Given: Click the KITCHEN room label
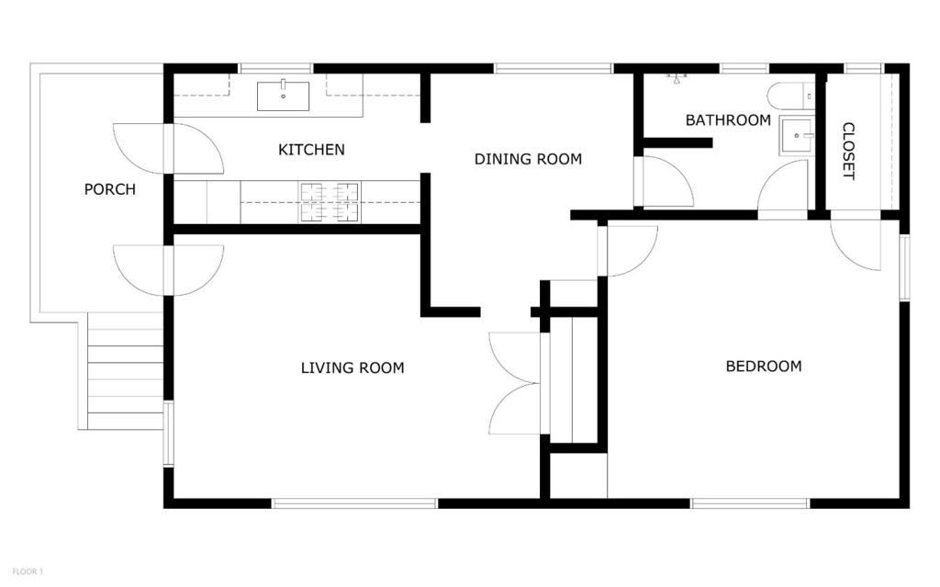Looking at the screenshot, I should pyautogui.click(x=311, y=149).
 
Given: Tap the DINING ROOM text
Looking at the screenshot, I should pyautogui.click(x=528, y=159).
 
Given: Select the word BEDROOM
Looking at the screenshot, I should pyautogui.click(x=763, y=366).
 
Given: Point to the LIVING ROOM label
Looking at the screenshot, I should pyautogui.click(x=352, y=368).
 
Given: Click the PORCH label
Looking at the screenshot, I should pyautogui.click(x=110, y=189).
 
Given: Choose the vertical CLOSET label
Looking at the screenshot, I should pyautogui.click(x=848, y=151).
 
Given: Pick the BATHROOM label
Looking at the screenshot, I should pyautogui.click(x=728, y=120).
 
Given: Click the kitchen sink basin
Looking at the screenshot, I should pyautogui.click(x=283, y=96).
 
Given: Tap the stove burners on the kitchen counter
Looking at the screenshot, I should pyautogui.click(x=329, y=201).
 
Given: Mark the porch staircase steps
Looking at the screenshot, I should pyautogui.click(x=125, y=371).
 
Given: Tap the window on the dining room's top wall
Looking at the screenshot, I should pyautogui.click(x=553, y=68).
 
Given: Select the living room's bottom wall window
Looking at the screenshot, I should pyautogui.click(x=354, y=502).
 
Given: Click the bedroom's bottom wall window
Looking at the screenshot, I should pyautogui.click(x=750, y=502).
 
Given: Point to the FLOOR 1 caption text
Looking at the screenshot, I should pyautogui.click(x=27, y=571).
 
